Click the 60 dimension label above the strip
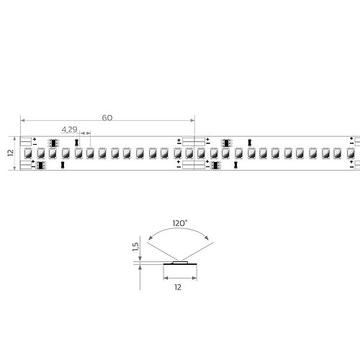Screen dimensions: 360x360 point(107,118)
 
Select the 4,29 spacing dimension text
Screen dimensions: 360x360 point(69,130)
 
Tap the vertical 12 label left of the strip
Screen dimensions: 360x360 point(11,153)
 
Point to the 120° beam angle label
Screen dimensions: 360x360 point(180,223)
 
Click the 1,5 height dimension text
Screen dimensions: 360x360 point(135,247)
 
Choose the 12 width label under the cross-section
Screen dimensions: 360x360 point(178,287)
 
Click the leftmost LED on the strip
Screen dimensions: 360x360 point(28,153)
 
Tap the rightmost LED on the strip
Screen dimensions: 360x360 point(351,153)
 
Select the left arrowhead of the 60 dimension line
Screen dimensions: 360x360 point(22,120)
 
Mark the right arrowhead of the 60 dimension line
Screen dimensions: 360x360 point(192,120)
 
